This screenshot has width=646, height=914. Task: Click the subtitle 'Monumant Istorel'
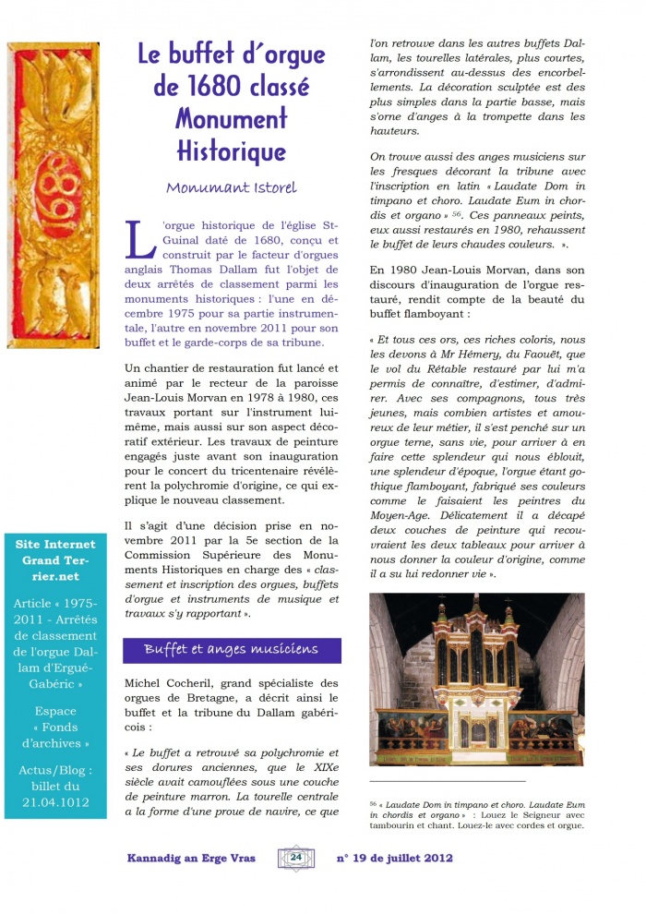(231, 188)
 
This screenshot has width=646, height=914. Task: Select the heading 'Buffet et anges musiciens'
(231, 650)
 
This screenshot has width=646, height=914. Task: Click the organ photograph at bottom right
(476, 679)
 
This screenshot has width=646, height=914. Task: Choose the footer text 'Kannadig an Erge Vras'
(191, 858)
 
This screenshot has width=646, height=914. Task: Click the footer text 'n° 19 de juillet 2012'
(395, 858)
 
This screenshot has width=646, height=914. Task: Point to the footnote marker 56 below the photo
(374, 803)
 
